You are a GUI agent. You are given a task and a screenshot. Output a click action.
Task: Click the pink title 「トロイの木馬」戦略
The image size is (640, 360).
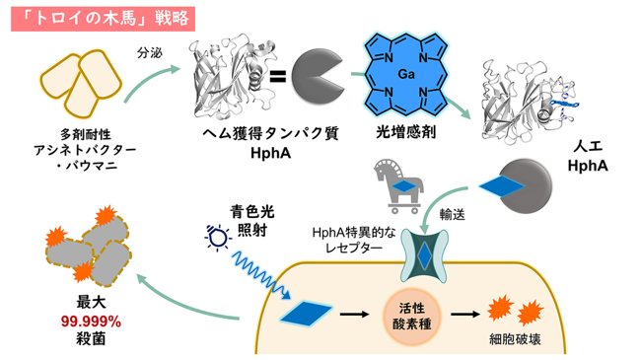[x=103, y=19]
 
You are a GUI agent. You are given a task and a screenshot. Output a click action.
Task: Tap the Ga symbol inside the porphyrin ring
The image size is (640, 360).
[x=405, y=74]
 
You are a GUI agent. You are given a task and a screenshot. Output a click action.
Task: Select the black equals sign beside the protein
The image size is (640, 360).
[x=278, y=76]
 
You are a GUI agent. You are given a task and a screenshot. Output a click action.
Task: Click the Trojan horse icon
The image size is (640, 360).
[x=397, y=185]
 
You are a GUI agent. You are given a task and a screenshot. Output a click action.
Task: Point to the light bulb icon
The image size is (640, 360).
[x=218, y=237]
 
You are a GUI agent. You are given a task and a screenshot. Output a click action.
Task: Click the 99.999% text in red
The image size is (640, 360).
[x=91, y=322]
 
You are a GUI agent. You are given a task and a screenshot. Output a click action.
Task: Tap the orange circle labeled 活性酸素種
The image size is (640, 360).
[x=411, y=315]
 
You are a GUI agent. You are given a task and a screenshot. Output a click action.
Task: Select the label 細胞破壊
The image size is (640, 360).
[x=515, y=339]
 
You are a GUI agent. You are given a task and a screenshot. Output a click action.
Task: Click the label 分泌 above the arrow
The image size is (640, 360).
[x=149, y=52]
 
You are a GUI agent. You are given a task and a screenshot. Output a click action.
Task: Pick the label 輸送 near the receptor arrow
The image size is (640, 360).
[x=452, y=215]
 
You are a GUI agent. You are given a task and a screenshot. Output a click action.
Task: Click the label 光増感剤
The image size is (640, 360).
[x=405, y=132]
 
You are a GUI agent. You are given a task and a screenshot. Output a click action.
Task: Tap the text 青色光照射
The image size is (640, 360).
[x=251, y=221]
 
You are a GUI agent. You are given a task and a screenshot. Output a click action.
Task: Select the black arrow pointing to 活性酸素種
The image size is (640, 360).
[x=354, y=315]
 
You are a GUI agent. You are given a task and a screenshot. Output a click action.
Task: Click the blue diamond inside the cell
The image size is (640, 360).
[x=306, y=313]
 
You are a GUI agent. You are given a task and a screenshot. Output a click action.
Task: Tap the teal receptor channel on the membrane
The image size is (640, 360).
[x=424, y=255]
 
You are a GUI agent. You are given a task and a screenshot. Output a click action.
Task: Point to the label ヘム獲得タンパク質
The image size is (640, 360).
[x=270, y=133]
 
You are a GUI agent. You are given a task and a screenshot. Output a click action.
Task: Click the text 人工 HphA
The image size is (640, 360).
[x=588, y=156]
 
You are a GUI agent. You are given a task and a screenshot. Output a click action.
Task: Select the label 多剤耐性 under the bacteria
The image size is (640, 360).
[x=86, y=134]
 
